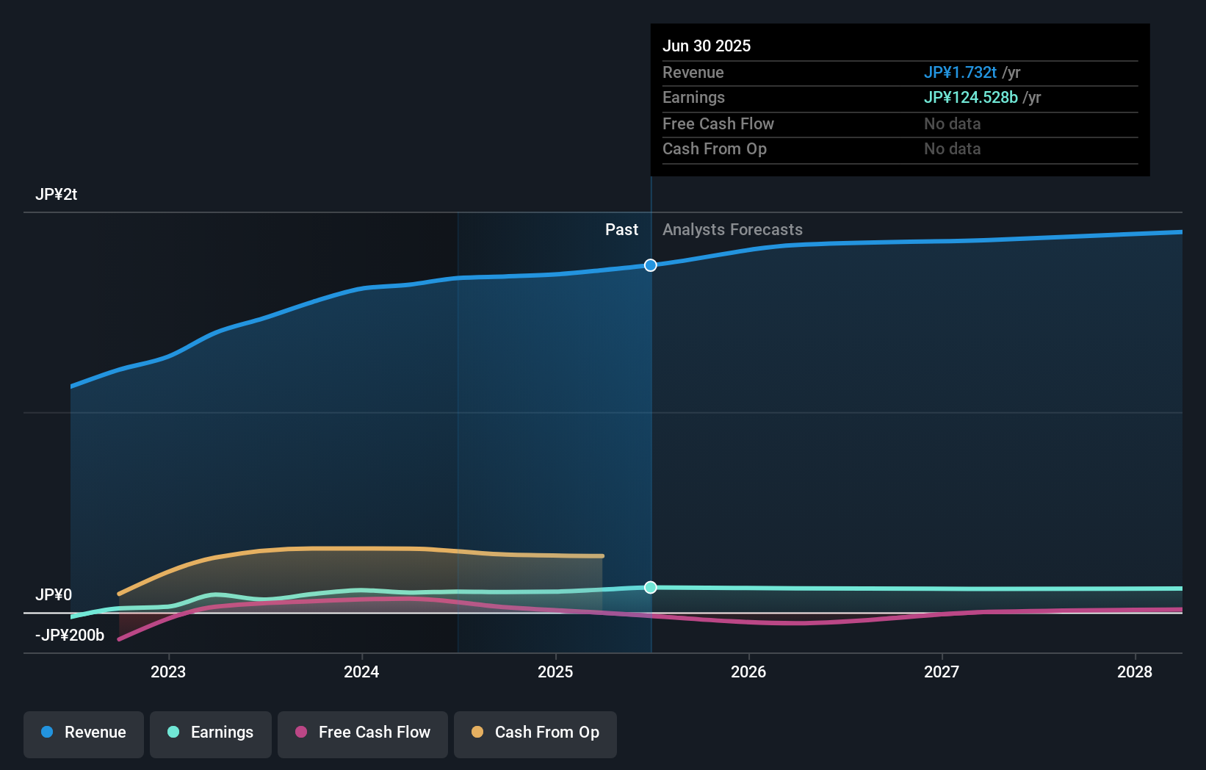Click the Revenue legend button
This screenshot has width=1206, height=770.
pos(84,733)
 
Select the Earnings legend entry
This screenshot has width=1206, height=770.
pos(211,733)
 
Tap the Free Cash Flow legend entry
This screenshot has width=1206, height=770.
pos(363,733)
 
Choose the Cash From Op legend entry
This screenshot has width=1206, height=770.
pos(535,733)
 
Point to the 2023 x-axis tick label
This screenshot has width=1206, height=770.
pos(168,672)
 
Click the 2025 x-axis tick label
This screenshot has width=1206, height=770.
pos(555,672)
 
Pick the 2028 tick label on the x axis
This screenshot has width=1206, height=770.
pos(1135,672)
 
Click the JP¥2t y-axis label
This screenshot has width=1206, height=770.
pos(56,195)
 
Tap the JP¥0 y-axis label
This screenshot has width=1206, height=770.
pos(54,595)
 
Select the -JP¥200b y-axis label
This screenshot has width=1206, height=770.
pos(70,636)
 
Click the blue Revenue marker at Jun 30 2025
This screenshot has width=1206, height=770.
pos(651,265)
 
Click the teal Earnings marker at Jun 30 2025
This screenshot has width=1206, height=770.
pos(651,587)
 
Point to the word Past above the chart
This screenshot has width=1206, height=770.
pos(621,230)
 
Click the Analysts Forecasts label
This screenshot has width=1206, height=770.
pos(732,230)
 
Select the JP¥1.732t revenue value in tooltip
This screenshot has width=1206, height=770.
pos(960,73)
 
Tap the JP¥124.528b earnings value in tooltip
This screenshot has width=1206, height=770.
pos(970,98)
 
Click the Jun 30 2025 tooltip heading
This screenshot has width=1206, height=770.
pos(707,46)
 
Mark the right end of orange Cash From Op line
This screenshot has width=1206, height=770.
pos(602,556)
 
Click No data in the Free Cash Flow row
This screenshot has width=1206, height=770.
pos(952,124)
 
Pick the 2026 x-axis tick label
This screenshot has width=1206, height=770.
pos(748,672)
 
